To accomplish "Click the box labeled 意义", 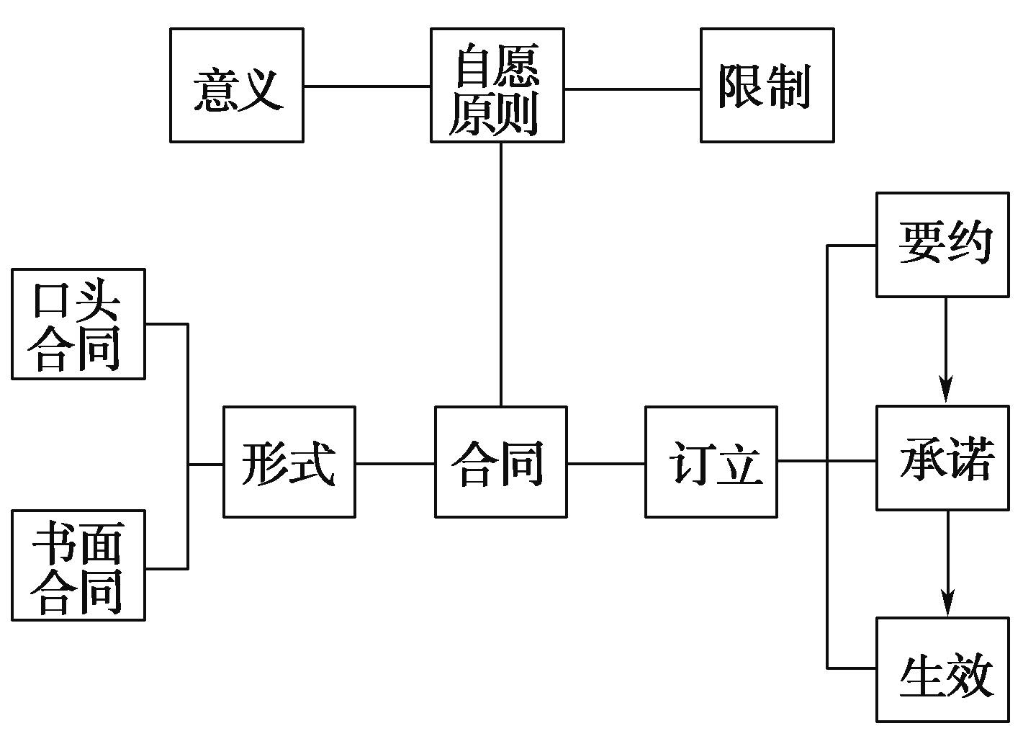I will (x=236, y=86).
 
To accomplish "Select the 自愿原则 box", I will (x=497, y=86).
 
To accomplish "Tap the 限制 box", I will (x=767, y=86).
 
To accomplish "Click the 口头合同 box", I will (x=78, y=324).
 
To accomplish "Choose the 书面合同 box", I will (x=78, y=565).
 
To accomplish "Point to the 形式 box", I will (x=289, y=462).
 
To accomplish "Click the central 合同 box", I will (x=500, y=462).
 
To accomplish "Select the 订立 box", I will (x=711, y=462).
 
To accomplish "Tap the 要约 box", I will (x=942, y=245).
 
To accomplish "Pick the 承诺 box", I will (x=942, y=459).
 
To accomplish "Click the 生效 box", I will (x=942, y=670).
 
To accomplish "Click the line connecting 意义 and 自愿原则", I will (x=366, y=86).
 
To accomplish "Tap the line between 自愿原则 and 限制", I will (x=632, y=89).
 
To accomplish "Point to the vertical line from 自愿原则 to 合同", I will (x=501, y=274).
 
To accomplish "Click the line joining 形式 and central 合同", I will (x=395, y=463).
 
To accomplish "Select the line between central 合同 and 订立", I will (x=605, y=463).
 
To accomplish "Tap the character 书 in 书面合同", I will (x=53, y=543).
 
